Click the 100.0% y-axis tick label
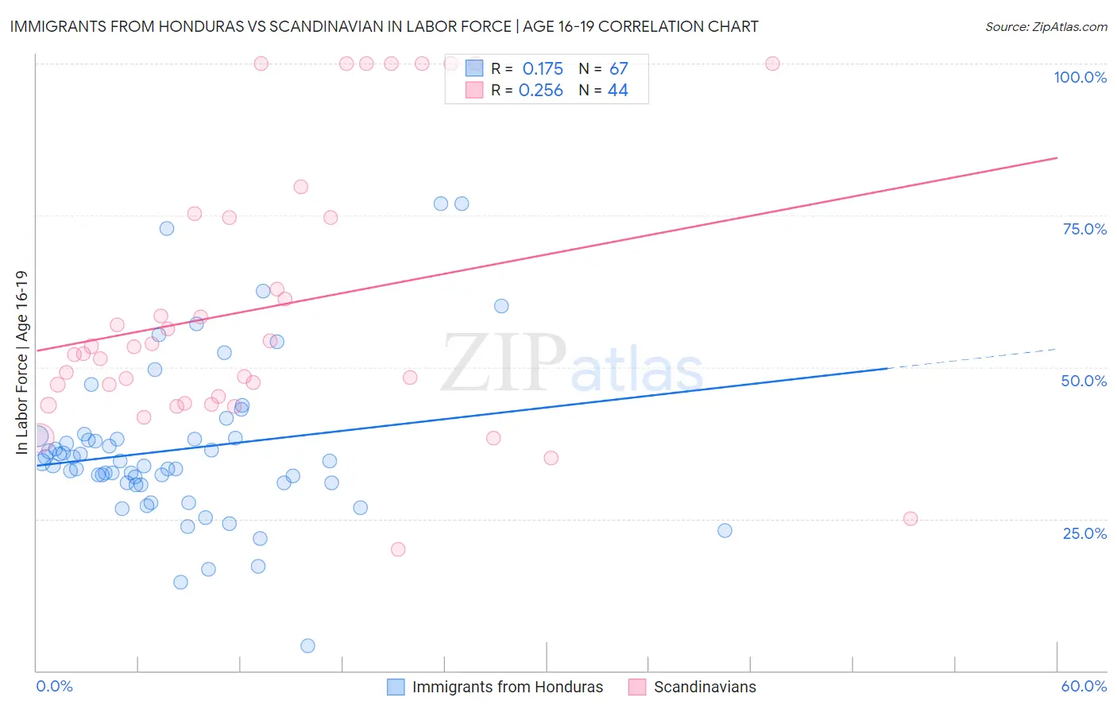tap(1080, 77)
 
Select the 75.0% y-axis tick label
tap(1084, 229)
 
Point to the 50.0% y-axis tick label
tap(1084, 381)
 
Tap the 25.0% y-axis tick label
tap(1084, 533)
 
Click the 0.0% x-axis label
tap(54, 686)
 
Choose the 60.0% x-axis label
tap(1084, 686)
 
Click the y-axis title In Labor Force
tap(21, 362)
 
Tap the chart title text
tap(384, 26)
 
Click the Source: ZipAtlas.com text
tap(1045, 26)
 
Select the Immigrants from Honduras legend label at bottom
tap(508, 687)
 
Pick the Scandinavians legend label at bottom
tap(705, 687)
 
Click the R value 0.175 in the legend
tap(543, 69)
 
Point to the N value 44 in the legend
tap(617, 91)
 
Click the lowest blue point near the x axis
tap(307, 645)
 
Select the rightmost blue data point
tap(725, 530)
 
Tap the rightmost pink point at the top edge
tap(772, 64)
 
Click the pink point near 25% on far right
tap(910, 518)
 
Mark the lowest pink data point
tap(398, 549)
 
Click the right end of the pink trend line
tap(1056, 158)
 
